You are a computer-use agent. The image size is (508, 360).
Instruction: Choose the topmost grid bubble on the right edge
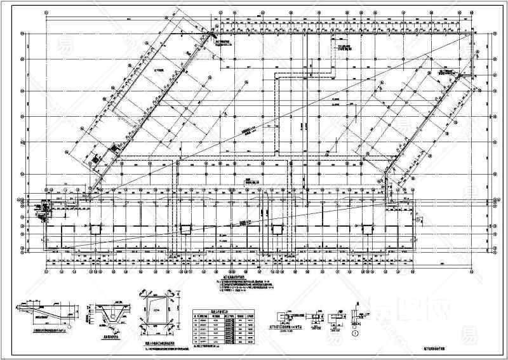tap(495, 36)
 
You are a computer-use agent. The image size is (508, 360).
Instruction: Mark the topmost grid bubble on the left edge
tap(23, 36)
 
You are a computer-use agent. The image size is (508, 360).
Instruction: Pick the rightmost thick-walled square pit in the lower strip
tap(368, 229)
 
